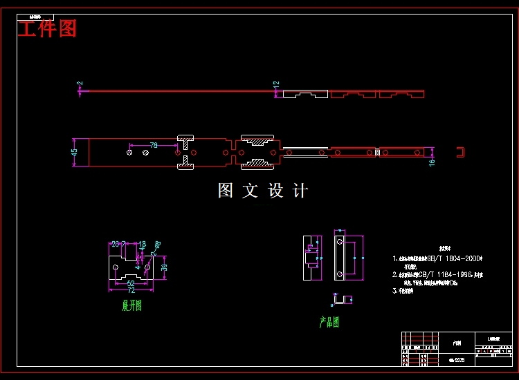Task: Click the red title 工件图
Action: [x=47, y=29]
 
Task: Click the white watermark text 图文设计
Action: [x=263, y=191]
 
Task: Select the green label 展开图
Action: [x=132, y=305]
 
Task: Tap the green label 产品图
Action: [x=329, y=322]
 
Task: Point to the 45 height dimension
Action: [x=75, y=153]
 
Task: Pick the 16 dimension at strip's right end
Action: [x=432, y=162]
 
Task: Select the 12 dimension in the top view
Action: [x=276, y=84]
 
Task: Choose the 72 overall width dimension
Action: [x=131, y=290]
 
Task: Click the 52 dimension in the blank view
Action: [x=131, y=283]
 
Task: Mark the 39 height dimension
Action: [x=164, y=267]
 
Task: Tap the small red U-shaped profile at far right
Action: [x=458, y=152]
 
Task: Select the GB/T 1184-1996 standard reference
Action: [x=448, y=274]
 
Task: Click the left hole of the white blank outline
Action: [x=116, y=267]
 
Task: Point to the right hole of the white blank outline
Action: [x=147, y=267]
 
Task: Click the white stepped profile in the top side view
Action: [x=305, y=93]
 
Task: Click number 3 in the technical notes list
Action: [x=394, y=291]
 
